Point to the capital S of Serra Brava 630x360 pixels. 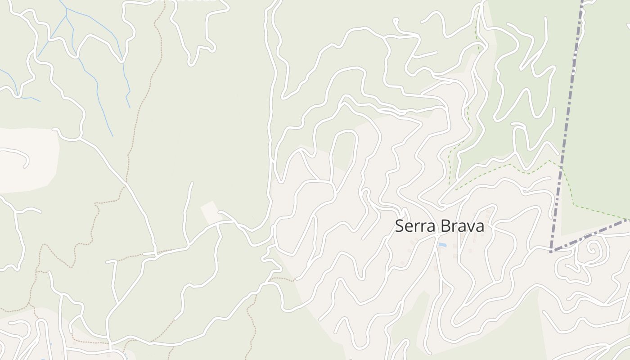(399, 226)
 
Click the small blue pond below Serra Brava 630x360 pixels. (442, 245)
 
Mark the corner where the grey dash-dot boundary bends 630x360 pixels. (551, 251)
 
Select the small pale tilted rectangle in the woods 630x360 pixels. (211, 212)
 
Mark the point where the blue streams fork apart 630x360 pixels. (66, 16)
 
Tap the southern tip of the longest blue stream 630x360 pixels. (112, 136)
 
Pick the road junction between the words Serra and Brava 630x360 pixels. (436, 234)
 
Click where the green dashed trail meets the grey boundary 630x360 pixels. (561, 167)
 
